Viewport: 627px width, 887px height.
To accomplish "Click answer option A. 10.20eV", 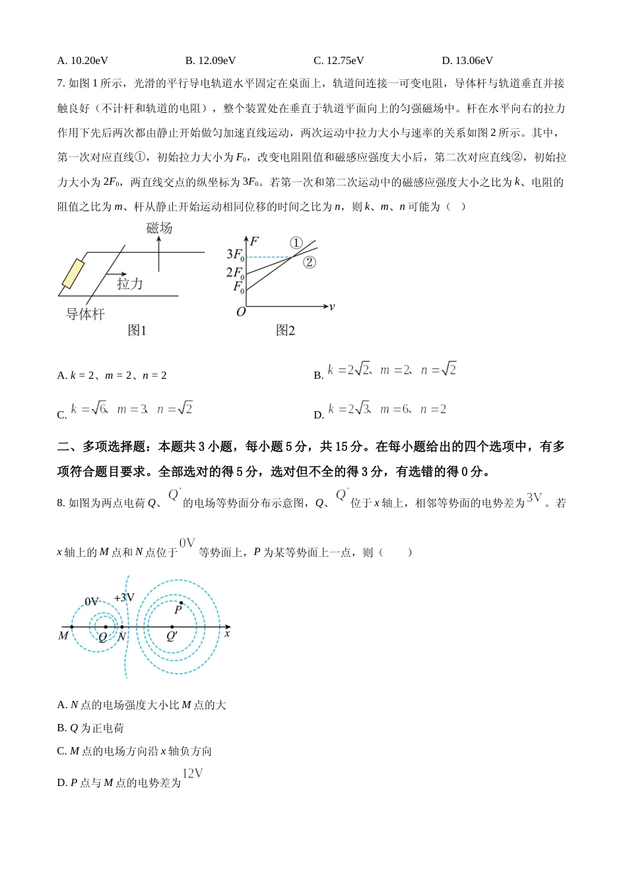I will point(82,61).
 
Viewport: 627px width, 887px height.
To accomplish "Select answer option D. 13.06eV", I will point(467,61).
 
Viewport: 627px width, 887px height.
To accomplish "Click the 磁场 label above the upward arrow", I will point(159,228).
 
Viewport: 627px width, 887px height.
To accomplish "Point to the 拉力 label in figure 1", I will point(130,284).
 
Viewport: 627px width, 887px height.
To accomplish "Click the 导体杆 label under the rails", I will point(85,315).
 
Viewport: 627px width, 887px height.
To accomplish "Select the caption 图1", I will point(137,331).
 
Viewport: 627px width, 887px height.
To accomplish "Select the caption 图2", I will point(285,331).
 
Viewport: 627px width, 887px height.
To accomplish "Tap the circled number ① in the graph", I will point(296,243).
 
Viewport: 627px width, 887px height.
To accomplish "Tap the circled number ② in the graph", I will point(310,262).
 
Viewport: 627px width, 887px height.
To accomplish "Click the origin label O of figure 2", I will point(241,312).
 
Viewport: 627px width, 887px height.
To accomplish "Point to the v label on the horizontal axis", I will point(332,307).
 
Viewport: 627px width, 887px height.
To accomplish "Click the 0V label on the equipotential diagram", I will point(92,601).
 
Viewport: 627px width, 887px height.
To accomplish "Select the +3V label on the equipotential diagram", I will point(124,598).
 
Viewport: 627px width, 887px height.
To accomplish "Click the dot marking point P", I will point(181,603).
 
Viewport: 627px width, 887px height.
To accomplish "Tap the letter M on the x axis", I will point(63,636).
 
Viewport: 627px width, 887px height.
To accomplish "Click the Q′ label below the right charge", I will point(172,637).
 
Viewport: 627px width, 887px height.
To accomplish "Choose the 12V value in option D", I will point(192,773).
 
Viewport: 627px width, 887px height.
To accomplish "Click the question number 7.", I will point(60,84).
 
